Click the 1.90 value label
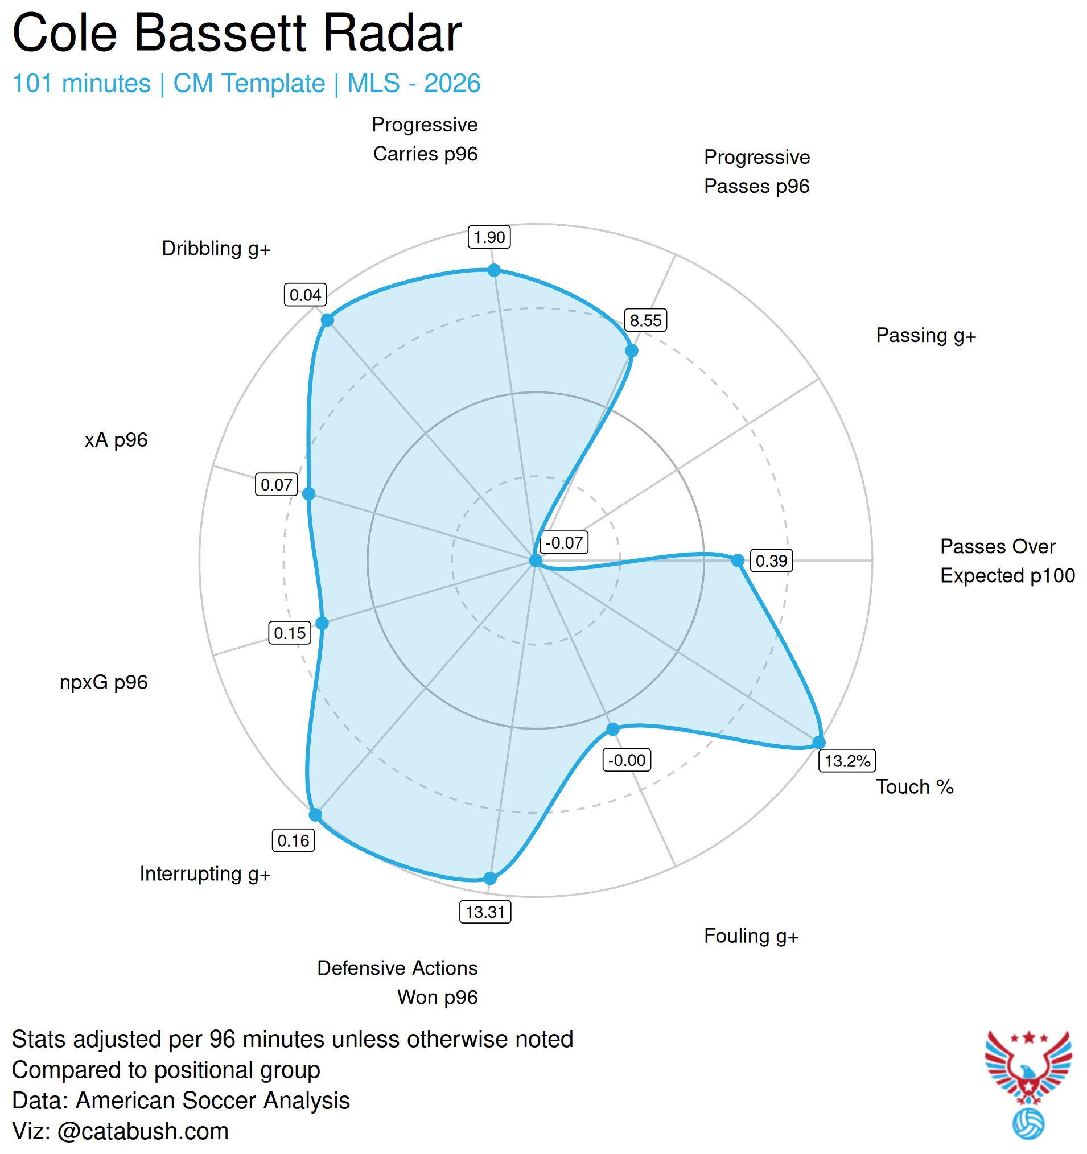(x=489, y=237)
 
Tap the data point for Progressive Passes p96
(x=631, y=350)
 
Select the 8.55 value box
(x=645, y=320)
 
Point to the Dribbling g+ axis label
(x=216, y=249)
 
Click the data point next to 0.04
(x=327, y=320)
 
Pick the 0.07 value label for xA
(x=277, y=484)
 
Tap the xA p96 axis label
(x=116, y=439)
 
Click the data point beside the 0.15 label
(x=322, y=623)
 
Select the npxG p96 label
(x=104, y=682)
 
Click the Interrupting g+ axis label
(x=205, y=873)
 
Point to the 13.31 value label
(x=485, y=912)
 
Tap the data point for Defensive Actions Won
(x=490, y=877)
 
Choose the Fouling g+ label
(x=751, y=935)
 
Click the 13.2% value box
(x=847, y=760)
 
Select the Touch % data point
(x=818, y=742)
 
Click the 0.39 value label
(x=771, y=560)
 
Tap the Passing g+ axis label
(x=925, y=336)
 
